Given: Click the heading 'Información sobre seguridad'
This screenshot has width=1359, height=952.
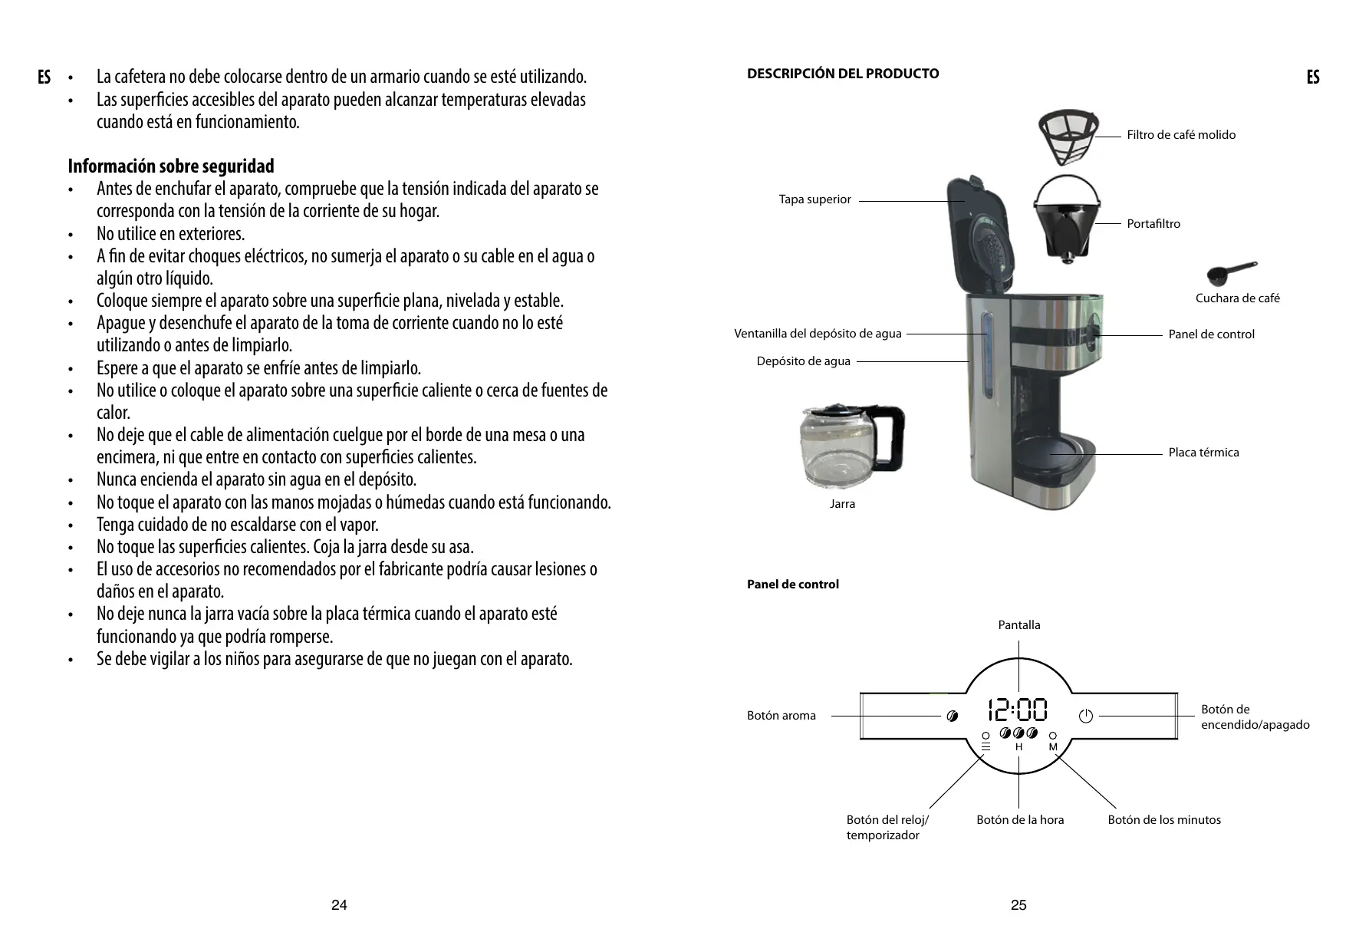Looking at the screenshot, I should tap(171, 166).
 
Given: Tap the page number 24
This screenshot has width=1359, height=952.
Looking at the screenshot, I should tap(339, 905).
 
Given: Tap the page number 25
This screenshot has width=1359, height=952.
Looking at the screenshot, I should tap(1018, 905).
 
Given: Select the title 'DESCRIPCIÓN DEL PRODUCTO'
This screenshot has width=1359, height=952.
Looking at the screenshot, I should tap(843, 74).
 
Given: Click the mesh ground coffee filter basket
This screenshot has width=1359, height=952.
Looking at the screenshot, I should tap(1068, 137).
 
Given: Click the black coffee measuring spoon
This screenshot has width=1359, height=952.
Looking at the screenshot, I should tap(1231, 272).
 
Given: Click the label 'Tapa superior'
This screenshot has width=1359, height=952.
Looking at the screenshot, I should tap(814, 199).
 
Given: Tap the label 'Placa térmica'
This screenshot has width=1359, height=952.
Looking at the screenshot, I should tap(1203, 453).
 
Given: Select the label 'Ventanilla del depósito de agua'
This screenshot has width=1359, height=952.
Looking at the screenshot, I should tap(818, 334).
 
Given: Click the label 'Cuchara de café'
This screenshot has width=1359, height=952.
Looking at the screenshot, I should tap(1237, 298).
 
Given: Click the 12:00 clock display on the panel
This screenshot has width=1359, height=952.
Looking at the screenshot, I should tap(1018, 710).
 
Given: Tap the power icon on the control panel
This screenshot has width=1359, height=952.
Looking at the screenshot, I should tap(1085, 716).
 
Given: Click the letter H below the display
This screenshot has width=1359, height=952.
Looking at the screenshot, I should tap(1018, 747).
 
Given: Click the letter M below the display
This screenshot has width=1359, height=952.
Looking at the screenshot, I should tap(1053, 747).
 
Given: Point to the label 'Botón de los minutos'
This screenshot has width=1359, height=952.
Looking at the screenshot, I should tap(1163, 820).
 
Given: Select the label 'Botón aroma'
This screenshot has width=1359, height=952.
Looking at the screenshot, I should tap(782, 716).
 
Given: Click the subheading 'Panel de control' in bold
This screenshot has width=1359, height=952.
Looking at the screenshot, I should tap(793, 585).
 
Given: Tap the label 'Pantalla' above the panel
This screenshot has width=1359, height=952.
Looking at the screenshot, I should tap(1019, 625).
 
